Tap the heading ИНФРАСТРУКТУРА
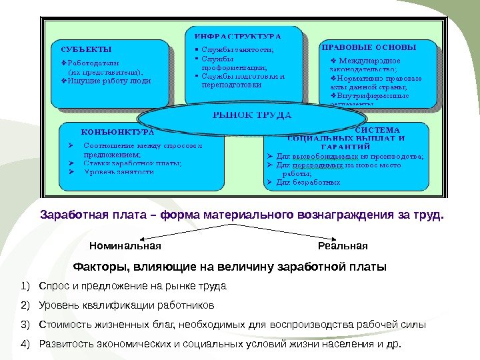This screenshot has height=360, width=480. click(x=238, y=35)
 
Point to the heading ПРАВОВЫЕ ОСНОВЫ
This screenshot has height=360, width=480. click(x=369, y=48)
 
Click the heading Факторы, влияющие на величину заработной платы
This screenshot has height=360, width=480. click(x=229, y=267)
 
